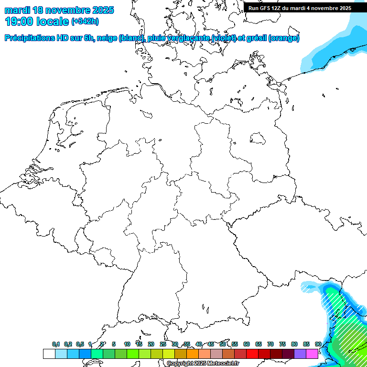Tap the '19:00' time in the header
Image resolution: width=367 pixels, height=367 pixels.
pos(19,21)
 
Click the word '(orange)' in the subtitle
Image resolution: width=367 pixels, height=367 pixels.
pos(284,38)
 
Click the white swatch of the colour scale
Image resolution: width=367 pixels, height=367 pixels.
pos(49,354)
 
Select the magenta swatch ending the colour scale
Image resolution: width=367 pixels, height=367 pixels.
pos(312,354)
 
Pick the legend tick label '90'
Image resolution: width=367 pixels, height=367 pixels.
pos(318,344)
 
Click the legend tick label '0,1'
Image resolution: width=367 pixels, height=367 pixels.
pos(56,344)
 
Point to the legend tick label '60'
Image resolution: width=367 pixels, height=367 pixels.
pos(247,344)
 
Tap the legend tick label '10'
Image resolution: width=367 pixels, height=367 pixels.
pos(127,344)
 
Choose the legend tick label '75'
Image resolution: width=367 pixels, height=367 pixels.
pos(282,344)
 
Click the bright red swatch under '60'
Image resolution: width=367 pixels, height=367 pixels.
pos(252,354)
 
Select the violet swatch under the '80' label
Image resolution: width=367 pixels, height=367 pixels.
pos(300,354)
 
